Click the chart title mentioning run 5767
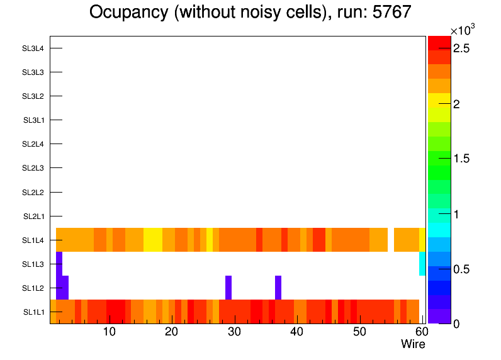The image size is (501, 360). click(250, 12)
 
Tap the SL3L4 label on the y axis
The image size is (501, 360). click(34, 48)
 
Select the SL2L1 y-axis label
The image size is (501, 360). click(34, 217)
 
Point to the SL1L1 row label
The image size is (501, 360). click(34, 312)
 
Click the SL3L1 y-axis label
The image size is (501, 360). click(34, 120)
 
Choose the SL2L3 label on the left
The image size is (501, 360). click(34, 168)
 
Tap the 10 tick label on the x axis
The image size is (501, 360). click(110, 332)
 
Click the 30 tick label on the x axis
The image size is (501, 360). click(234, 332)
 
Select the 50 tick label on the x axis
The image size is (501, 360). click(359, 332)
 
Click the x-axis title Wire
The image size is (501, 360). click(413, 344)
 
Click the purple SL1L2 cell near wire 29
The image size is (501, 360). click(228, 288)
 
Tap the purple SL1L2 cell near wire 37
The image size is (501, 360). click(278, 288)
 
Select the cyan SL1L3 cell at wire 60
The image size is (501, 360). click(422, 264)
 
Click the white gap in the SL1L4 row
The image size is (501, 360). click(391, 240)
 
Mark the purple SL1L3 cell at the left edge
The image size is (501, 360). click(59, 264)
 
